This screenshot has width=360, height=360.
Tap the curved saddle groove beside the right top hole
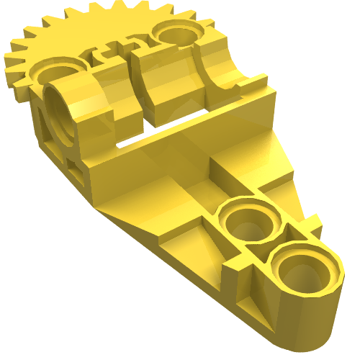coord(223,72)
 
